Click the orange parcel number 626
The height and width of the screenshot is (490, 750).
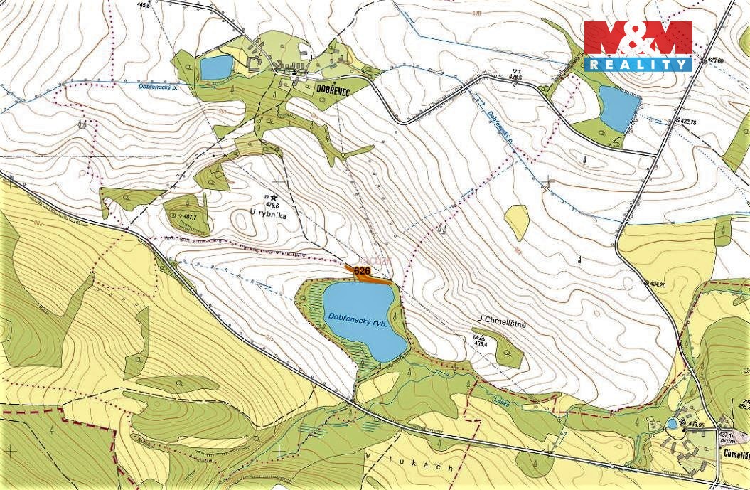(x=363, y=271)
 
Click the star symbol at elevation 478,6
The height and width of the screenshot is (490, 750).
(x=274, y=197)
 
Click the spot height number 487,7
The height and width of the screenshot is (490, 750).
(x=188, y=217)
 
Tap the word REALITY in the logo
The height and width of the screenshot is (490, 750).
(x=638, y=64)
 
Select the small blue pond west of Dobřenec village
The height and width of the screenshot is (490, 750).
(x=215, y=68)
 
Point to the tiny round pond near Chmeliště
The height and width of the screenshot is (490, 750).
(x=672, y=424)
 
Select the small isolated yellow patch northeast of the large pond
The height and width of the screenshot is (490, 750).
(x=517, y=222)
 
